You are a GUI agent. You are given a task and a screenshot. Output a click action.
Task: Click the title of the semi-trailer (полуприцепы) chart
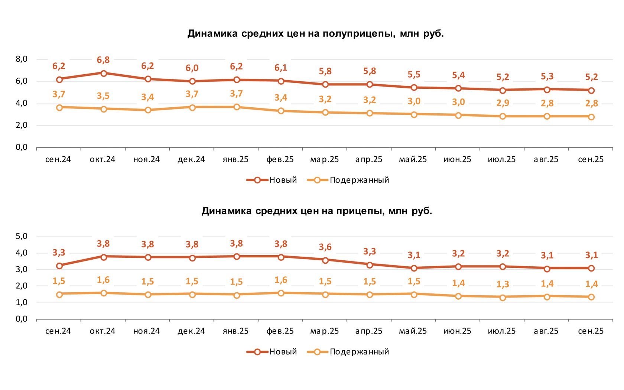(315, 34)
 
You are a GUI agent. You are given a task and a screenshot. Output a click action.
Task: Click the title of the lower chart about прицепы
(316, 211)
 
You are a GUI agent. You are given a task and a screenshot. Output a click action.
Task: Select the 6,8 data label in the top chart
(103, 60)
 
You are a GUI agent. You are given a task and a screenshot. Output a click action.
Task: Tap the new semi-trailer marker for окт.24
(104, 73)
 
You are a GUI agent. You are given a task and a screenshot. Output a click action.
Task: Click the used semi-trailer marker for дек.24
(192, 107)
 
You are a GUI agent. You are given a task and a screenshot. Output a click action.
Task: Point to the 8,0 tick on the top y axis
(22, 59)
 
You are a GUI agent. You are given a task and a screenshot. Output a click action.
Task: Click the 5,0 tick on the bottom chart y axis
(22, 236)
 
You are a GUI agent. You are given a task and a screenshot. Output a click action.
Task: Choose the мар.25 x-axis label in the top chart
(324, 159)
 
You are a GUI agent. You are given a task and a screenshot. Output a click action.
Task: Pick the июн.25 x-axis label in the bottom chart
(457, 331)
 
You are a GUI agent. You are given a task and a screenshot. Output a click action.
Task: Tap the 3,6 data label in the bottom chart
(325, 247)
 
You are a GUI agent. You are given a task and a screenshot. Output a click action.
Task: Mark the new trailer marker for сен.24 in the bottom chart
(59, 266)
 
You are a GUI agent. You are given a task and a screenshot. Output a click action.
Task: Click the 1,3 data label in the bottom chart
(503, 285)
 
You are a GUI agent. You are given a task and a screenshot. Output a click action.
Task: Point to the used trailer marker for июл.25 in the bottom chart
(503, 297)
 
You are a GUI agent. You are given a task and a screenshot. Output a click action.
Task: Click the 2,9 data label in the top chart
(503, 103)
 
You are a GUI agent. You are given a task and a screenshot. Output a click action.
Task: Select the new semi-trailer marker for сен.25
(591, 90)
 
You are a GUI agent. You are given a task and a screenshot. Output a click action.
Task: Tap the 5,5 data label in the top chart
(414, 75)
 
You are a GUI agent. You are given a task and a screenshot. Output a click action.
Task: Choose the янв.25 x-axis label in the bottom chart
(235, 331)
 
